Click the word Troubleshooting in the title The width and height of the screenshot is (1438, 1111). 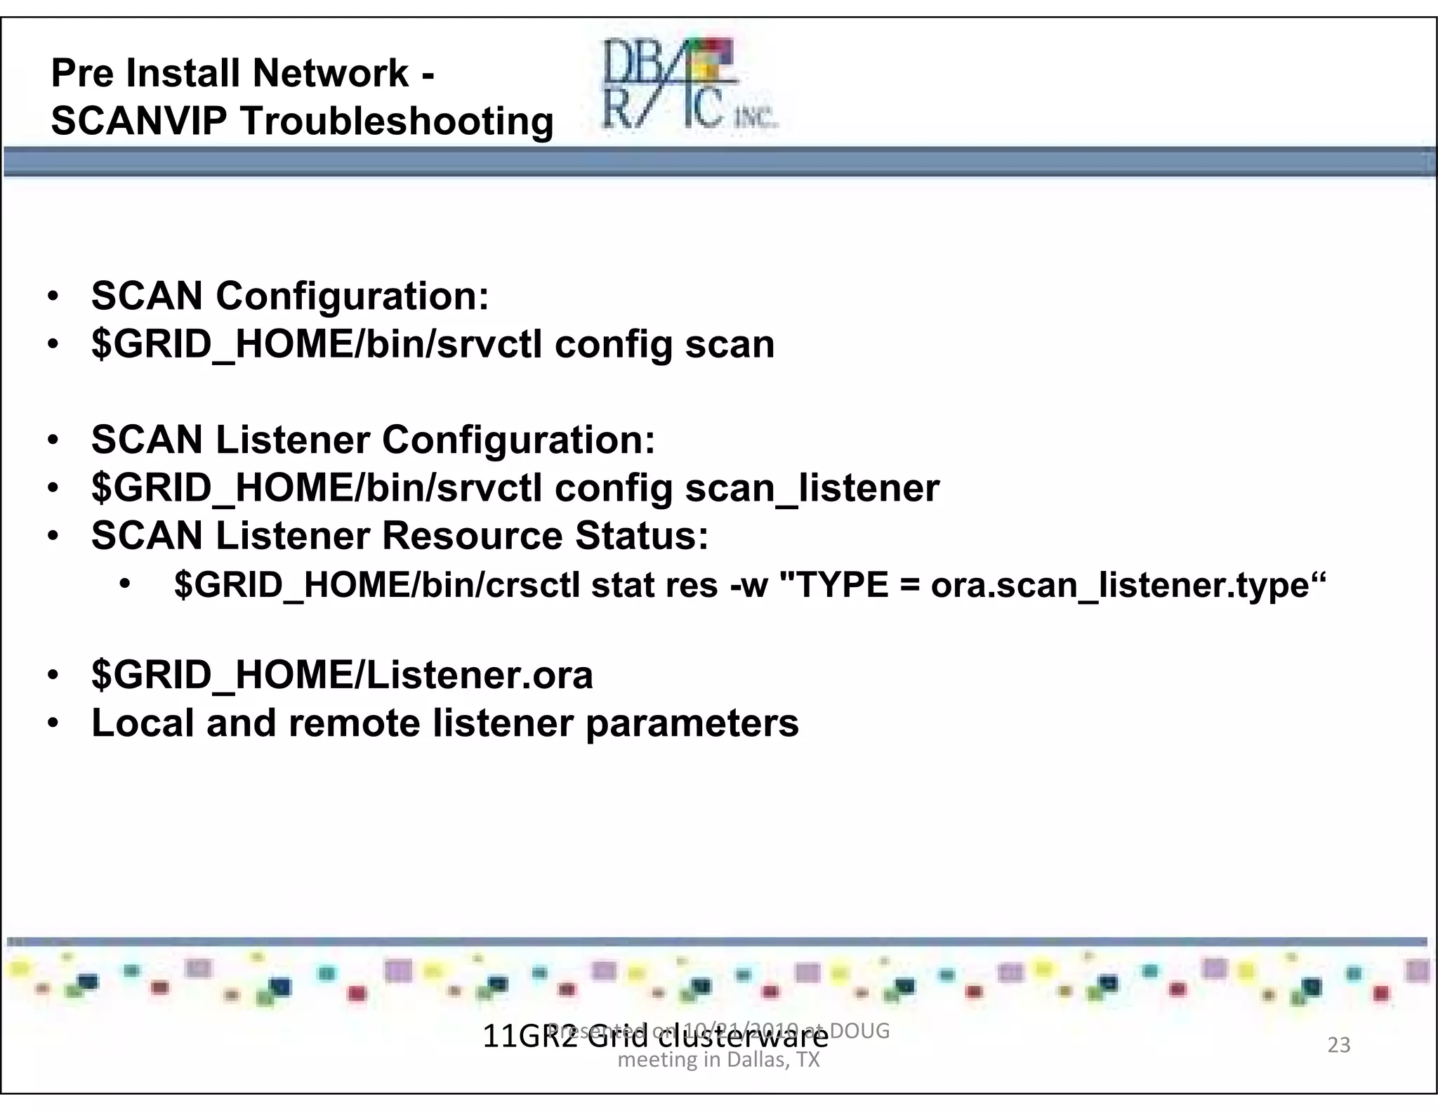tap(397, 121)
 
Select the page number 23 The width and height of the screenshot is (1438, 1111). tap(1338, 1045)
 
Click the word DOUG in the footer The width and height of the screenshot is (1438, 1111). tap(860, 1031)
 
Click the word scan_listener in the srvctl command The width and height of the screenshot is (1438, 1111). tap(812, 488)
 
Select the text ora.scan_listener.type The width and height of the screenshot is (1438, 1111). tap(1120, 585)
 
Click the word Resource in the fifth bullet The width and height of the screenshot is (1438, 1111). tap(473, 536)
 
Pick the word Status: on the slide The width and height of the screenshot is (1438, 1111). tap(642, 536)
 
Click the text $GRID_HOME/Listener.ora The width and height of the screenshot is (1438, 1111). tap(342, 675)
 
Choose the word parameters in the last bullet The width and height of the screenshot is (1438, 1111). tap(692, 723)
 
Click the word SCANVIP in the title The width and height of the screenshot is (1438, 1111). tap(139, 121)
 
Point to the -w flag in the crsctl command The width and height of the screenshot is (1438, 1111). tap(749, 586)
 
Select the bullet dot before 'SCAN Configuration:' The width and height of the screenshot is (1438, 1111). tap(53, 296)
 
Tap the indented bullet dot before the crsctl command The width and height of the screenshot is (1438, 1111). tap(125, 584)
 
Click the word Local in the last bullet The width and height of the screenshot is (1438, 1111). tap(143, 723)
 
